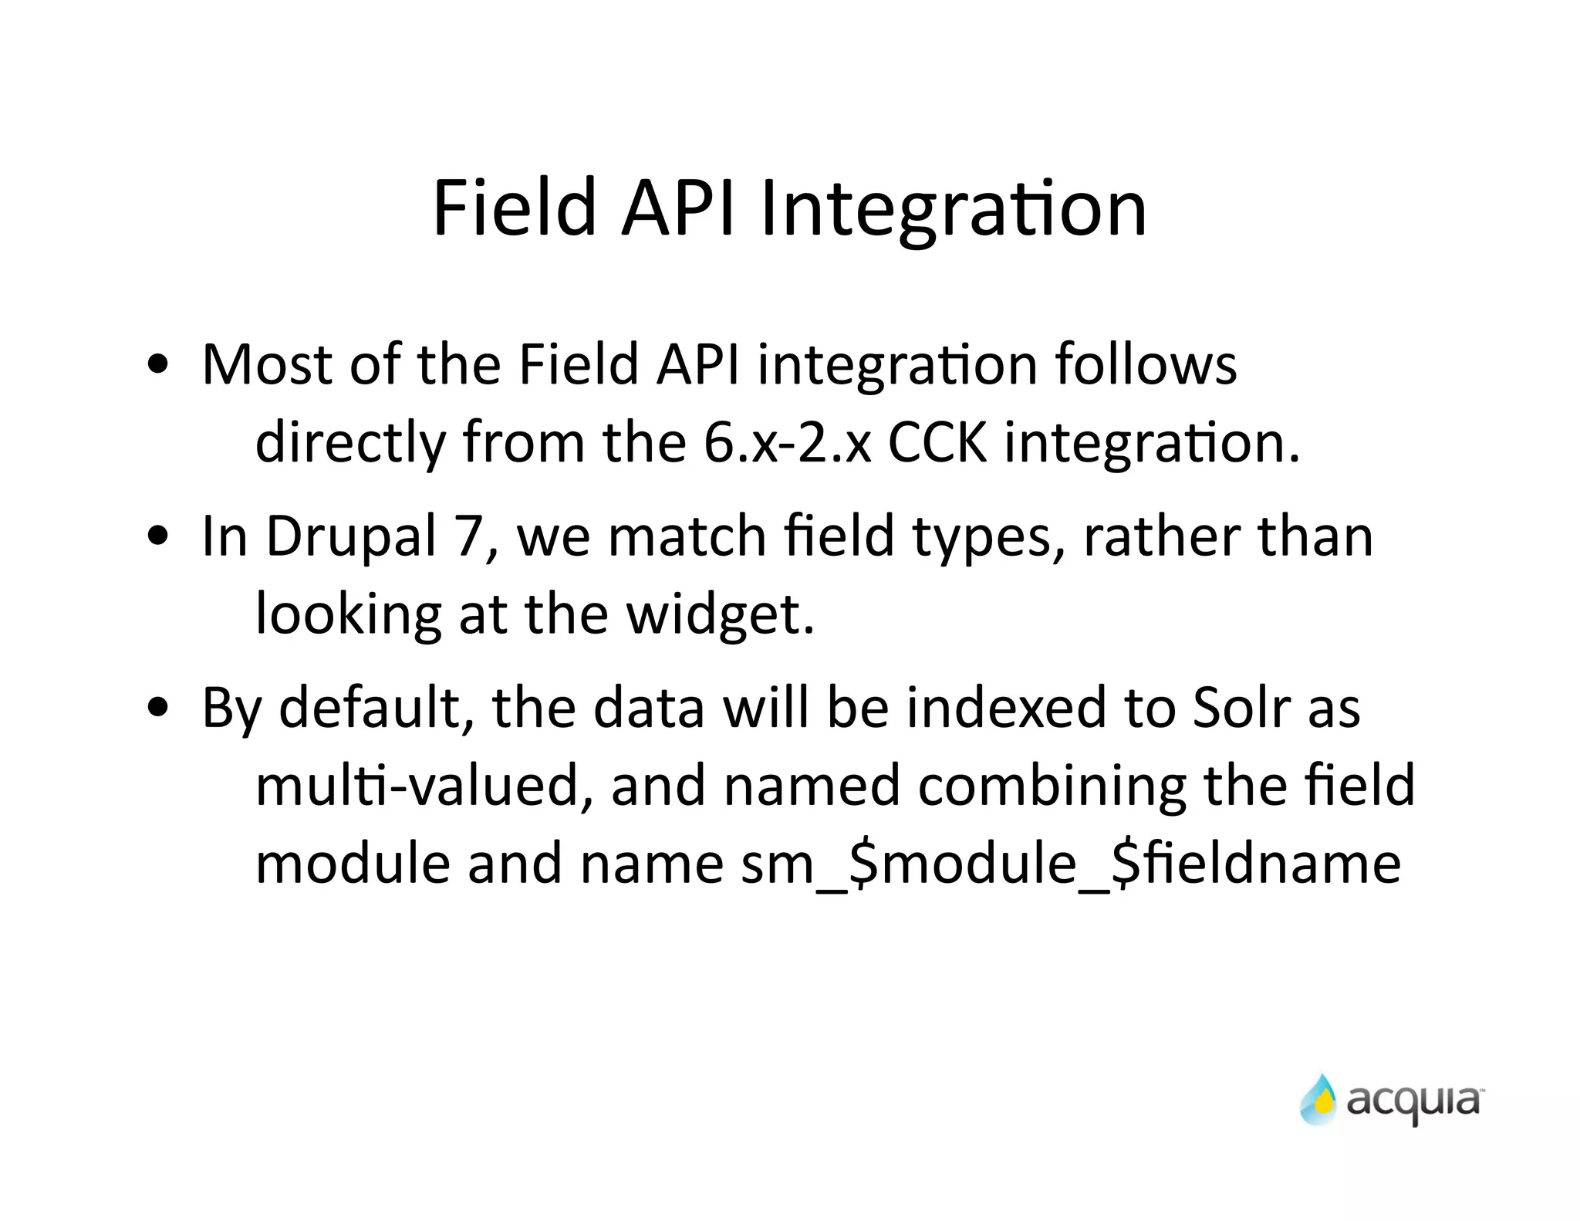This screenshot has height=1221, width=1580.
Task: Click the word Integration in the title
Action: coord(953,208)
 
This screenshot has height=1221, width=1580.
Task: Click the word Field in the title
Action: coord(515,208)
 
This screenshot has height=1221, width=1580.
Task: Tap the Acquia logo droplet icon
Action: coord(1318,1099)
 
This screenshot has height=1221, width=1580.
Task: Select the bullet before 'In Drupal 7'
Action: coord(158,537)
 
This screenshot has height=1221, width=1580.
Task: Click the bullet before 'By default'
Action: coord(158,709)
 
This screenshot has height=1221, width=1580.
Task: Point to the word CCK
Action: coord(937,443)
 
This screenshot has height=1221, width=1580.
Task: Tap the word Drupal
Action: coord(351,537)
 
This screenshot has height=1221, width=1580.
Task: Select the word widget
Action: coord(719,616)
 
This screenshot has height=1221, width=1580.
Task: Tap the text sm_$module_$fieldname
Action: coord(1070,864)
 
